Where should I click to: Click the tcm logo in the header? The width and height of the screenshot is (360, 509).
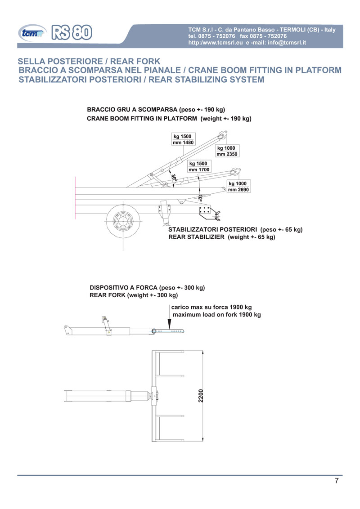click(x=32, y=33)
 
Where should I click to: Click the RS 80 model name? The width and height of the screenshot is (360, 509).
click(x=72, y=32)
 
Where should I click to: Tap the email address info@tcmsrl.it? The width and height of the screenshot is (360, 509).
click(x=287, y=43)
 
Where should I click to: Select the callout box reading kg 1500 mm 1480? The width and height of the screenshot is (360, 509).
click(x=183, y=139)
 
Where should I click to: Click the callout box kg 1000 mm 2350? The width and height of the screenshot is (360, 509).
click(x=227, y=151)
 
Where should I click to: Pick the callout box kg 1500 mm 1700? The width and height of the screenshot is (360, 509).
click(x=199, y=166)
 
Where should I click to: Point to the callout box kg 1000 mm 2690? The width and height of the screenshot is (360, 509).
click(x=239, y=187)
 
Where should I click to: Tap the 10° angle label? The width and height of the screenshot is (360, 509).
click(x=200, y=197)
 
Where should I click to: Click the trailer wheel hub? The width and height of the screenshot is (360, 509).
click(x=123, y=221)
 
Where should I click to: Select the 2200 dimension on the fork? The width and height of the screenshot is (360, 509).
click(x=201, y=396)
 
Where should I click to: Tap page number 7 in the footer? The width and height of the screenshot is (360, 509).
click(x=337, y=481)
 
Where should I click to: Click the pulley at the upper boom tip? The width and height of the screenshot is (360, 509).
click(x=223, y=134)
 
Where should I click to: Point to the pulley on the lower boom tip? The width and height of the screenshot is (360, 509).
click(x=235, y=171)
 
